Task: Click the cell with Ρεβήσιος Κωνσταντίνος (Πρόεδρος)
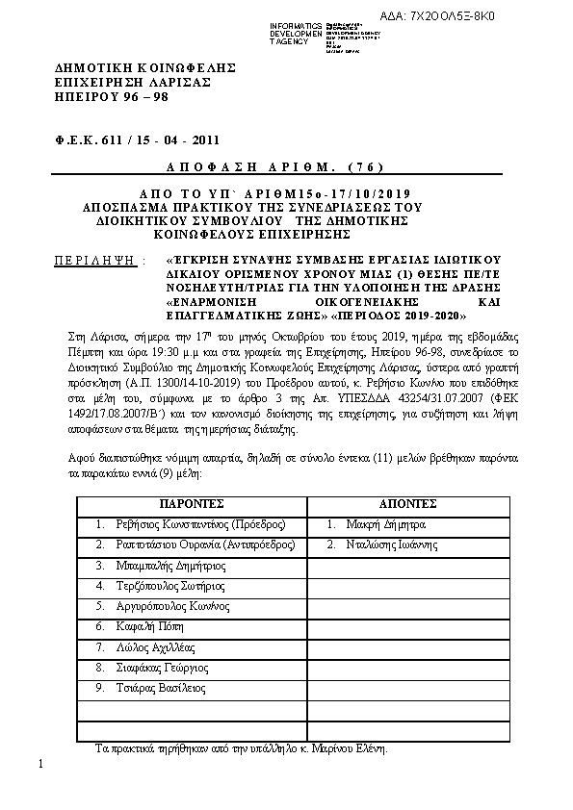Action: pos(190,524)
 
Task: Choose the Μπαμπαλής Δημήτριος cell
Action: pos(160,566)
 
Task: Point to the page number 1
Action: pos(42,764)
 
